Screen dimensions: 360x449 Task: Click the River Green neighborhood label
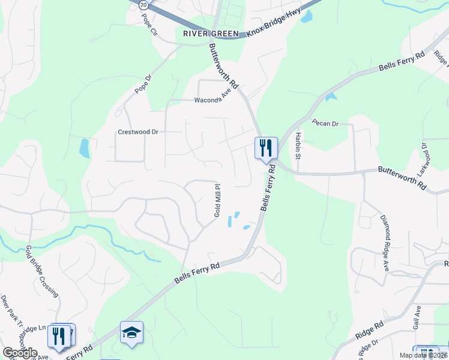coord(211,34)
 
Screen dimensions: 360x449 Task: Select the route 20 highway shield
coord(143,4)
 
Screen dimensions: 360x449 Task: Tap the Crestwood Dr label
coord(137,131)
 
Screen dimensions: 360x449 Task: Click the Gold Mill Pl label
coord(218,201)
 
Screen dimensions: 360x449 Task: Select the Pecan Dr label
coord(325,123)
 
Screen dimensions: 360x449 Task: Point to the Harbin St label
coord(297,145)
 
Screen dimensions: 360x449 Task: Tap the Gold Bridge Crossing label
coord(42,271)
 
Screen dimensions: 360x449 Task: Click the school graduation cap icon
coord(131,332)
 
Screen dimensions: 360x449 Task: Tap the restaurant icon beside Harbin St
coord(265,147)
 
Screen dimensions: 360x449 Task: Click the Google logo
coord(20,353)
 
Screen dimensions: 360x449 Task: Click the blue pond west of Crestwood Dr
coord(85,148)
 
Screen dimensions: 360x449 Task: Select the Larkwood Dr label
coord(423,156)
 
